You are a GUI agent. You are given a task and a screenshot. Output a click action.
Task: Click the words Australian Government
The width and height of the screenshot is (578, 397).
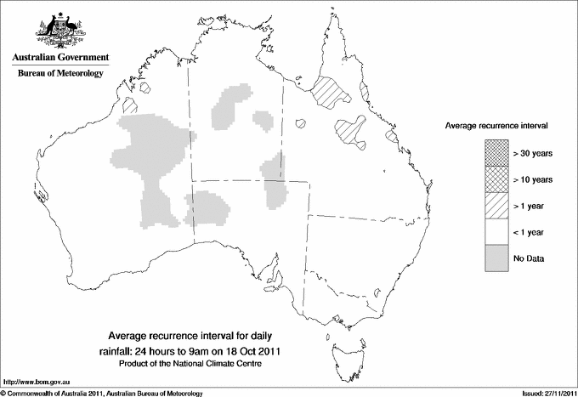coord(59,57)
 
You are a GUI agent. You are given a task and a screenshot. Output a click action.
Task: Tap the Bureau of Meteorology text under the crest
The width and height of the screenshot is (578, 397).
coord(59,73)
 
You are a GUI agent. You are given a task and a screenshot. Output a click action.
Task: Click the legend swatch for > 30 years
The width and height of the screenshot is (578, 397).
coord(496,153)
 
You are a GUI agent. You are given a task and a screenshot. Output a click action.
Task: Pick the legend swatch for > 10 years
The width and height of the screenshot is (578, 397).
coord(496,179)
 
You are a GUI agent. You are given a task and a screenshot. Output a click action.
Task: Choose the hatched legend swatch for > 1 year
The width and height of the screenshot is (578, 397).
coord(496,206)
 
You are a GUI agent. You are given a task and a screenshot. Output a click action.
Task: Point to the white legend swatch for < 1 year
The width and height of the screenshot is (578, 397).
coord(496,232)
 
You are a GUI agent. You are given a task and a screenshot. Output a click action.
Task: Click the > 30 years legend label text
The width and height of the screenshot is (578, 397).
coord(533,153)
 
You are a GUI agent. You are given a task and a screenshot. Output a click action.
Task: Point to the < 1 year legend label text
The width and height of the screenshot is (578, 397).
coord(530,232)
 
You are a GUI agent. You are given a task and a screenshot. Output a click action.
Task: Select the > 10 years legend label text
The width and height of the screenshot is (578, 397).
coord(533,179)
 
